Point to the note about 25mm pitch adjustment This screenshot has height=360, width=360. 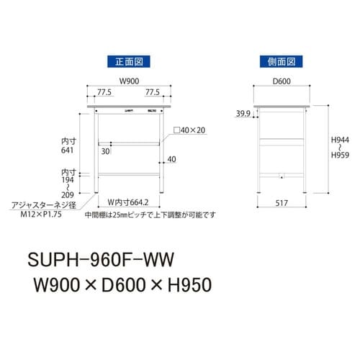[149, 214]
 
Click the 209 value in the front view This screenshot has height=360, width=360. [68, 194]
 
